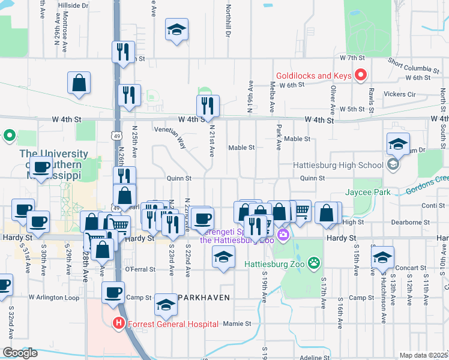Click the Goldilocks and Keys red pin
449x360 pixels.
coord(361,76)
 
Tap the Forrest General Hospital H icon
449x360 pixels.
coord(119,324)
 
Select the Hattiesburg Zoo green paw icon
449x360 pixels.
coord(313,262)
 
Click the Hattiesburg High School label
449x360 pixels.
coord(338,165)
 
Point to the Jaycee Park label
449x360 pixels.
coord(367,193)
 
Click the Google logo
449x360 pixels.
coord(20,353)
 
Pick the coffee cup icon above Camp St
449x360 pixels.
coord(113,293)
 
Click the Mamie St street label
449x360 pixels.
coord(237,324)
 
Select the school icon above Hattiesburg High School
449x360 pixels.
coord(398,144)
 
